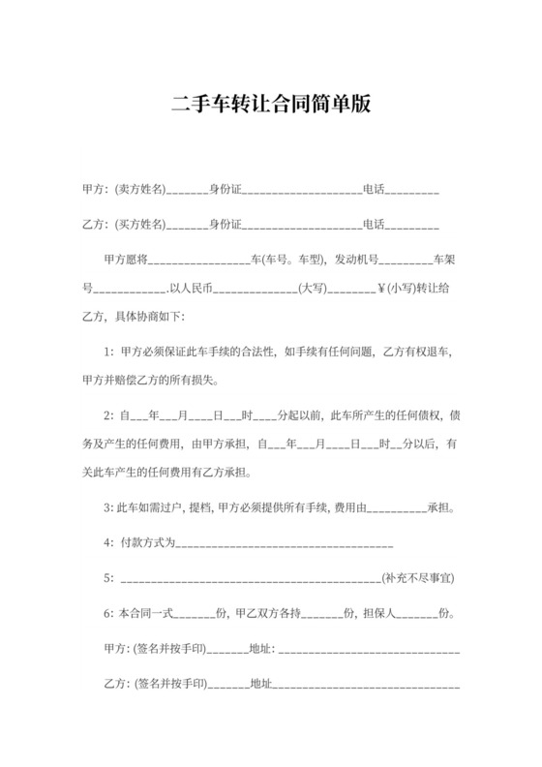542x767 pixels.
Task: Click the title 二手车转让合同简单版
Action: pos(271,104)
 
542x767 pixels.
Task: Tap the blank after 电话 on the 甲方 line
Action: pos(413,189)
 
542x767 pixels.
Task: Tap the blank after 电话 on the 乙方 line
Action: pos(413,226)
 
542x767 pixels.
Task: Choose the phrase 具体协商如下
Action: pos(154,316)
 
